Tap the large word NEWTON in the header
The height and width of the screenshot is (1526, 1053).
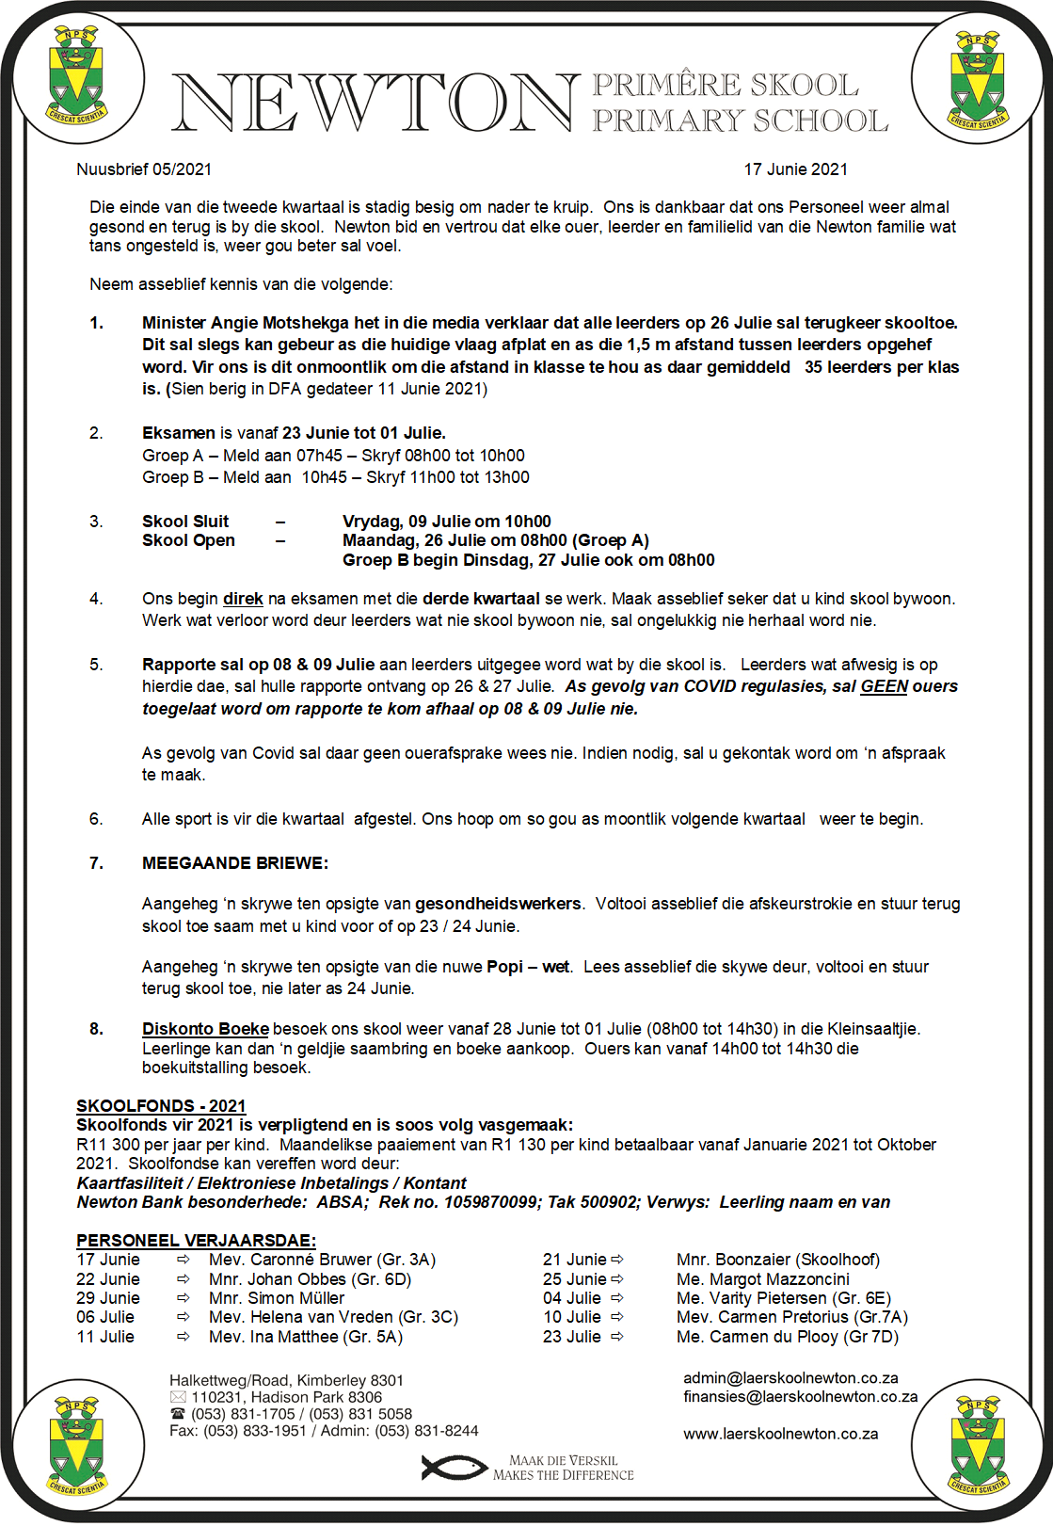[375, 103]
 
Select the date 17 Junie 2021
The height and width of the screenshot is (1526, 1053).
[795, 169]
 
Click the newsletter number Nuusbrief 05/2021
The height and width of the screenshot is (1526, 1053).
[144, 169]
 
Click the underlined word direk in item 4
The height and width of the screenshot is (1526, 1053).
[243, 599]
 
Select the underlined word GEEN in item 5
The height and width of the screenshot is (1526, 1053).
[884, 686]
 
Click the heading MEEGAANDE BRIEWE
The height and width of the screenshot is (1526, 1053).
[234, 863]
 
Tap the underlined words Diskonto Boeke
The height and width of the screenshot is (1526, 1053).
[205, 1029]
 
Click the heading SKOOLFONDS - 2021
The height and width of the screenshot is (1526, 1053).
[161, 1106]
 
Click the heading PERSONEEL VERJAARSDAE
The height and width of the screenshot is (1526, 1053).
[196, 1241]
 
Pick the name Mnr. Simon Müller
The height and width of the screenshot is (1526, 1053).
[277, 1298]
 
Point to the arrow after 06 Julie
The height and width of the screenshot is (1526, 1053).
[183, 1317]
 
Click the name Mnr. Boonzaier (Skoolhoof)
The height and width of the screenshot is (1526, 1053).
[778, 1260]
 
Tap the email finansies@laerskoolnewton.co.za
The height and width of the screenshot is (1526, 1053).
[800, 1397]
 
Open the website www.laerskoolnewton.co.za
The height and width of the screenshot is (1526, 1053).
[780, 1434]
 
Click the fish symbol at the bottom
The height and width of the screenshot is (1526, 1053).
[452, 1468]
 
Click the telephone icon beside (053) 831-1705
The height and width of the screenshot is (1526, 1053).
[178, 1414]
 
